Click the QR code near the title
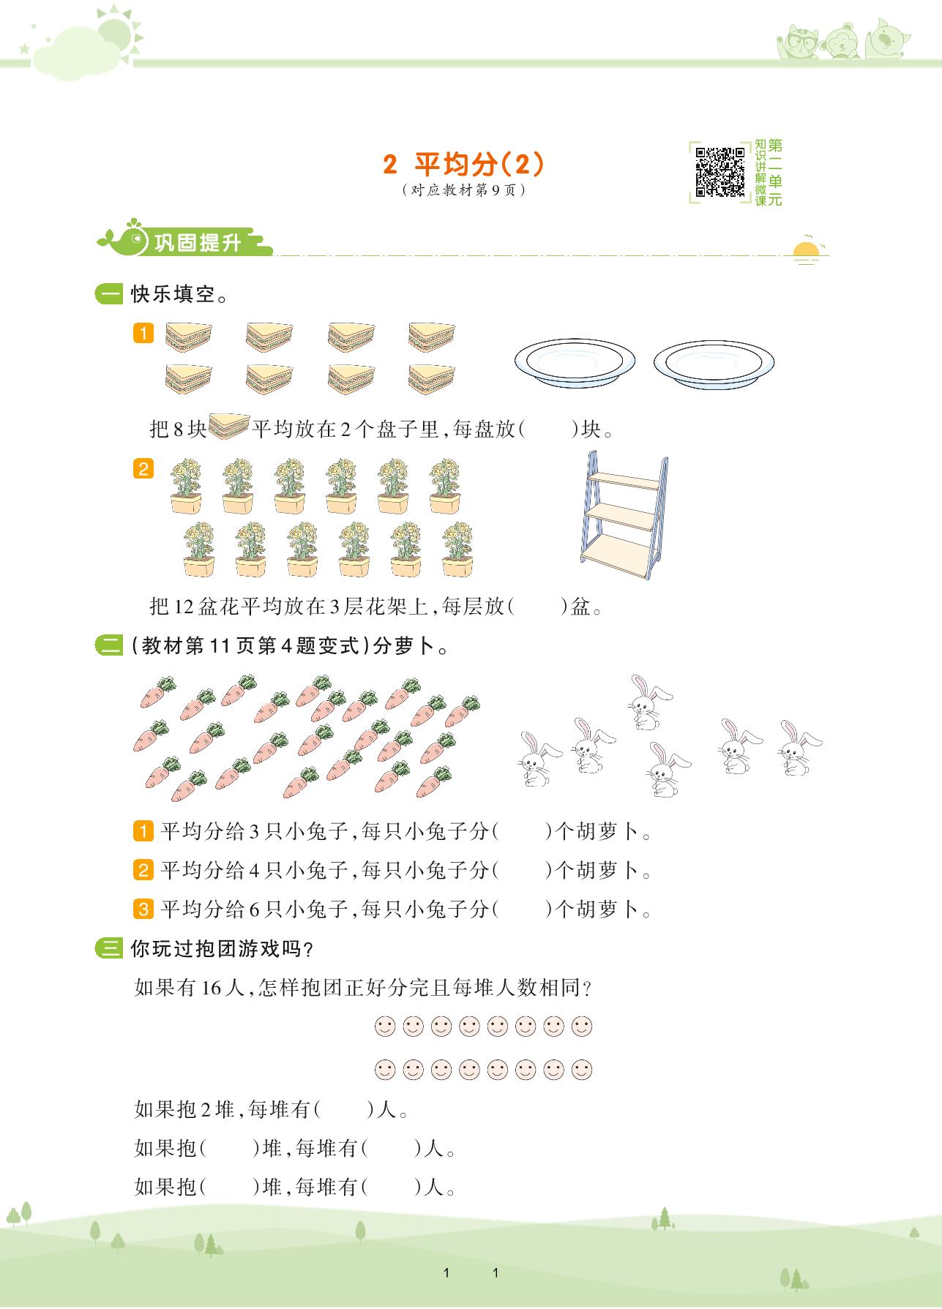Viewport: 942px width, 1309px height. pos(720,172)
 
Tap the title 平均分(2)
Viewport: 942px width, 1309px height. pos(464,165)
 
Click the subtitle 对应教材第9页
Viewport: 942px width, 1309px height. pos(464,190)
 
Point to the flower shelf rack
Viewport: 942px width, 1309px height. pos(624,517)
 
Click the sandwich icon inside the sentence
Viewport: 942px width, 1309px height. pos(229,427)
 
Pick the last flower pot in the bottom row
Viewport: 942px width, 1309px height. pos(457,549)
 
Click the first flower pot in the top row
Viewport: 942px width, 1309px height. pos(186,487)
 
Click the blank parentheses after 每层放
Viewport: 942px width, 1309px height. pos(537,607)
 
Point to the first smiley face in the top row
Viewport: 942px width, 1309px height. pos(385,1026)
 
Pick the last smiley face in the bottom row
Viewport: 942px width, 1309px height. pos(582,1070)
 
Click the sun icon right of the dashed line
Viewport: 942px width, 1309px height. pos(806,250)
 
